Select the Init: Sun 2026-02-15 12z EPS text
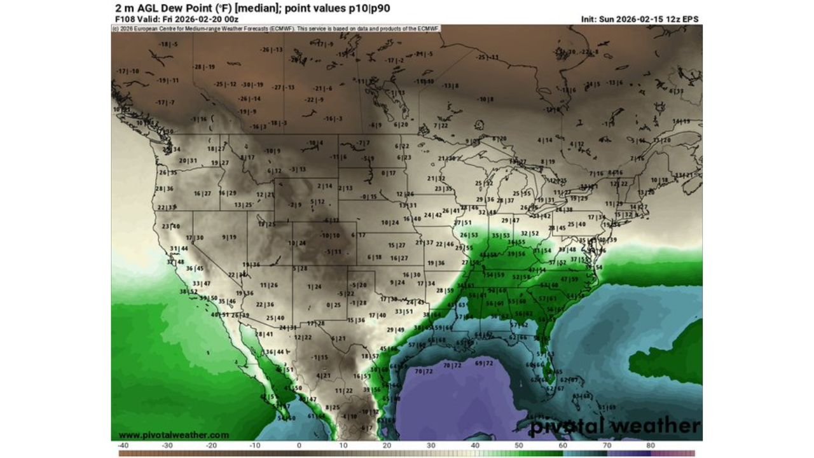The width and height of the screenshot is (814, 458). click(x=640, y=19)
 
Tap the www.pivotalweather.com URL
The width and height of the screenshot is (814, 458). click(x=174, y=435)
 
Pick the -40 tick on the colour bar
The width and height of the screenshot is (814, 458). click(x=123, y=446)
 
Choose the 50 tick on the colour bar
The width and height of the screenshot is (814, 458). click(x=518, y=446)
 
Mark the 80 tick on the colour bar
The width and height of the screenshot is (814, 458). click(x=650, y=446)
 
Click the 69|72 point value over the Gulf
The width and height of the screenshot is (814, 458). click(x=484, y=363)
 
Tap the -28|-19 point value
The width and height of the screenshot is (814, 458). click(x=204, y=67)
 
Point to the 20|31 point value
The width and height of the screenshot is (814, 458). click(x=188, y=160)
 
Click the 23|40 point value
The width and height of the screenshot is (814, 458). click(x=170, y=226)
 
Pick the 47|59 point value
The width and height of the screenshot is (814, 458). click(x=569, y=279)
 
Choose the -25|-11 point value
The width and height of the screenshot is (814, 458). click(x=488, y=57)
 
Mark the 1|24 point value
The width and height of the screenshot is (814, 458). click(x=314, y=287)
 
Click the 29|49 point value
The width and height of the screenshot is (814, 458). click(x=395, y=330)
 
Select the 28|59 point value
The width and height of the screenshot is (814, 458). click(x=445, y=291)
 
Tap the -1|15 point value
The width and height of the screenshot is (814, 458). click(x=320, y=357)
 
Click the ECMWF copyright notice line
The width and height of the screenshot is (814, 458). click(x=277, y=29)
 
